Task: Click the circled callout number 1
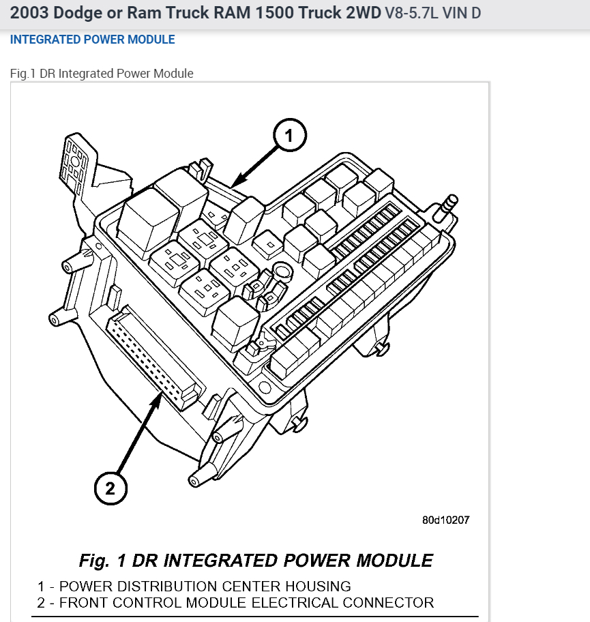pyautogui.click(x=289, y=136)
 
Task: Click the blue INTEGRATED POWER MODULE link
pyautogui.click(x=92, y=40)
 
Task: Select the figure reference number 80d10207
pyautogui.click(x=446, y=520)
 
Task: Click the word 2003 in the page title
pyautogui.click(x=29, y=12)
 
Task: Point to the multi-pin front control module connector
pyautogui.click(x=153, y=362)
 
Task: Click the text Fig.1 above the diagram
pyautogui.click(x=23, y=74)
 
